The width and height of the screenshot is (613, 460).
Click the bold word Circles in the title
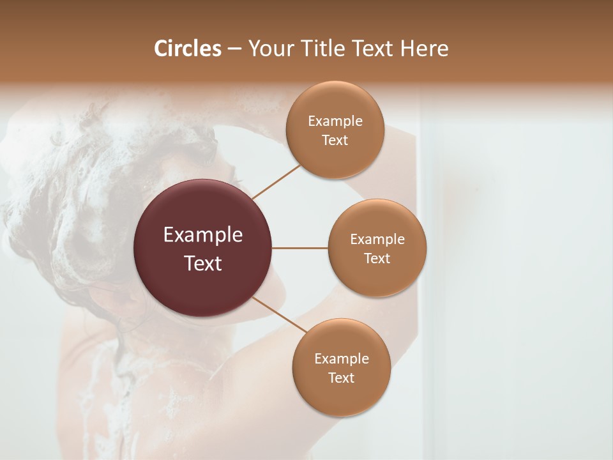point(188,49)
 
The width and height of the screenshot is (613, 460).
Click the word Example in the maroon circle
point(203,235)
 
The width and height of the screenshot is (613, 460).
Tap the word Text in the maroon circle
point(203,263)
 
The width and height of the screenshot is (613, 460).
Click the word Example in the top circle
point(335,121)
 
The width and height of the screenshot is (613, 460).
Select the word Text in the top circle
point(335,141)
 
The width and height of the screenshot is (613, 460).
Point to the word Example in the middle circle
point(377,240)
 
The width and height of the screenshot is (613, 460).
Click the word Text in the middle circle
point(377,259)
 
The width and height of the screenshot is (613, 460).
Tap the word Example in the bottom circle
point(341,359)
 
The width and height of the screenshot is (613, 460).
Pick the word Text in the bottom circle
point(341,378)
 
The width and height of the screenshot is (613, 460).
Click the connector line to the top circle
point(276,181)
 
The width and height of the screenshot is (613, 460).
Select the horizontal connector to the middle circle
point(300,248)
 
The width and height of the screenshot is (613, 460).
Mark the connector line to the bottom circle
point(280,315)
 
